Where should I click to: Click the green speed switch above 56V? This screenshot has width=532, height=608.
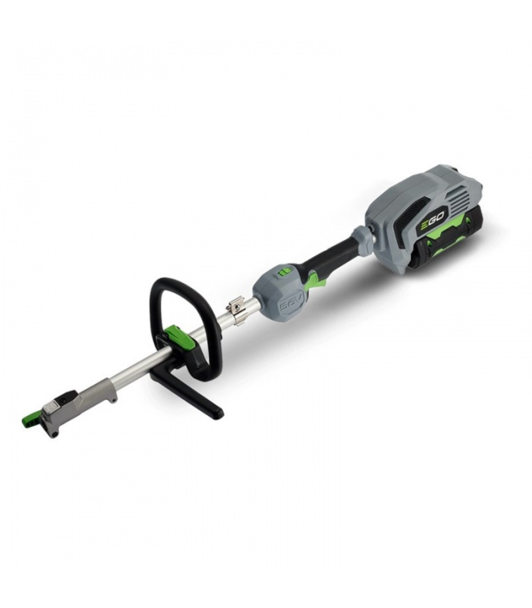point(286,272)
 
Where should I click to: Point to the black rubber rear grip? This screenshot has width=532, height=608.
point(330,256)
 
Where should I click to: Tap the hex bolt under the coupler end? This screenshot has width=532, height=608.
point(53,434)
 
